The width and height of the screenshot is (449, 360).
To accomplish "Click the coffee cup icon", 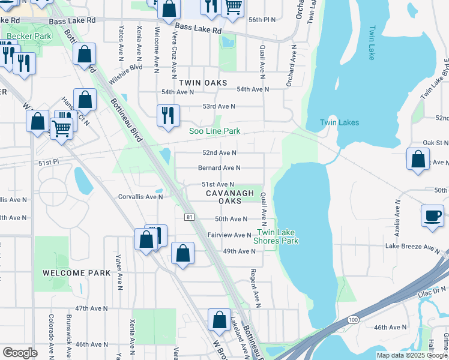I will click(x=432, y=216).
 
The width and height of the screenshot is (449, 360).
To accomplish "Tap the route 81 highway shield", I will click(x=189, y=217).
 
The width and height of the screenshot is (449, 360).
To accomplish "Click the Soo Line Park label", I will click(x=215, y=131).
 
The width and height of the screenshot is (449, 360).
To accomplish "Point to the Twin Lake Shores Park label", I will click(x=278, y=236).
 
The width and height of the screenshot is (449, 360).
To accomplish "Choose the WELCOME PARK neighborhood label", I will click(x=77, y=273).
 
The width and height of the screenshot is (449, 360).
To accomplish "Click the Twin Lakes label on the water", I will click(x=339, y=122).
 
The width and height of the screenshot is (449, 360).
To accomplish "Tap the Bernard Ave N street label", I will click(x=219, y=168).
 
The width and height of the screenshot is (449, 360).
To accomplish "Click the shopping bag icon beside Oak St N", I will click(x=418, y=160).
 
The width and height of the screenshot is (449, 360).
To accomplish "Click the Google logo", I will click(x=20, y=353).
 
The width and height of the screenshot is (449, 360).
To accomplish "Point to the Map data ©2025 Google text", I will click(x=412, y=355).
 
